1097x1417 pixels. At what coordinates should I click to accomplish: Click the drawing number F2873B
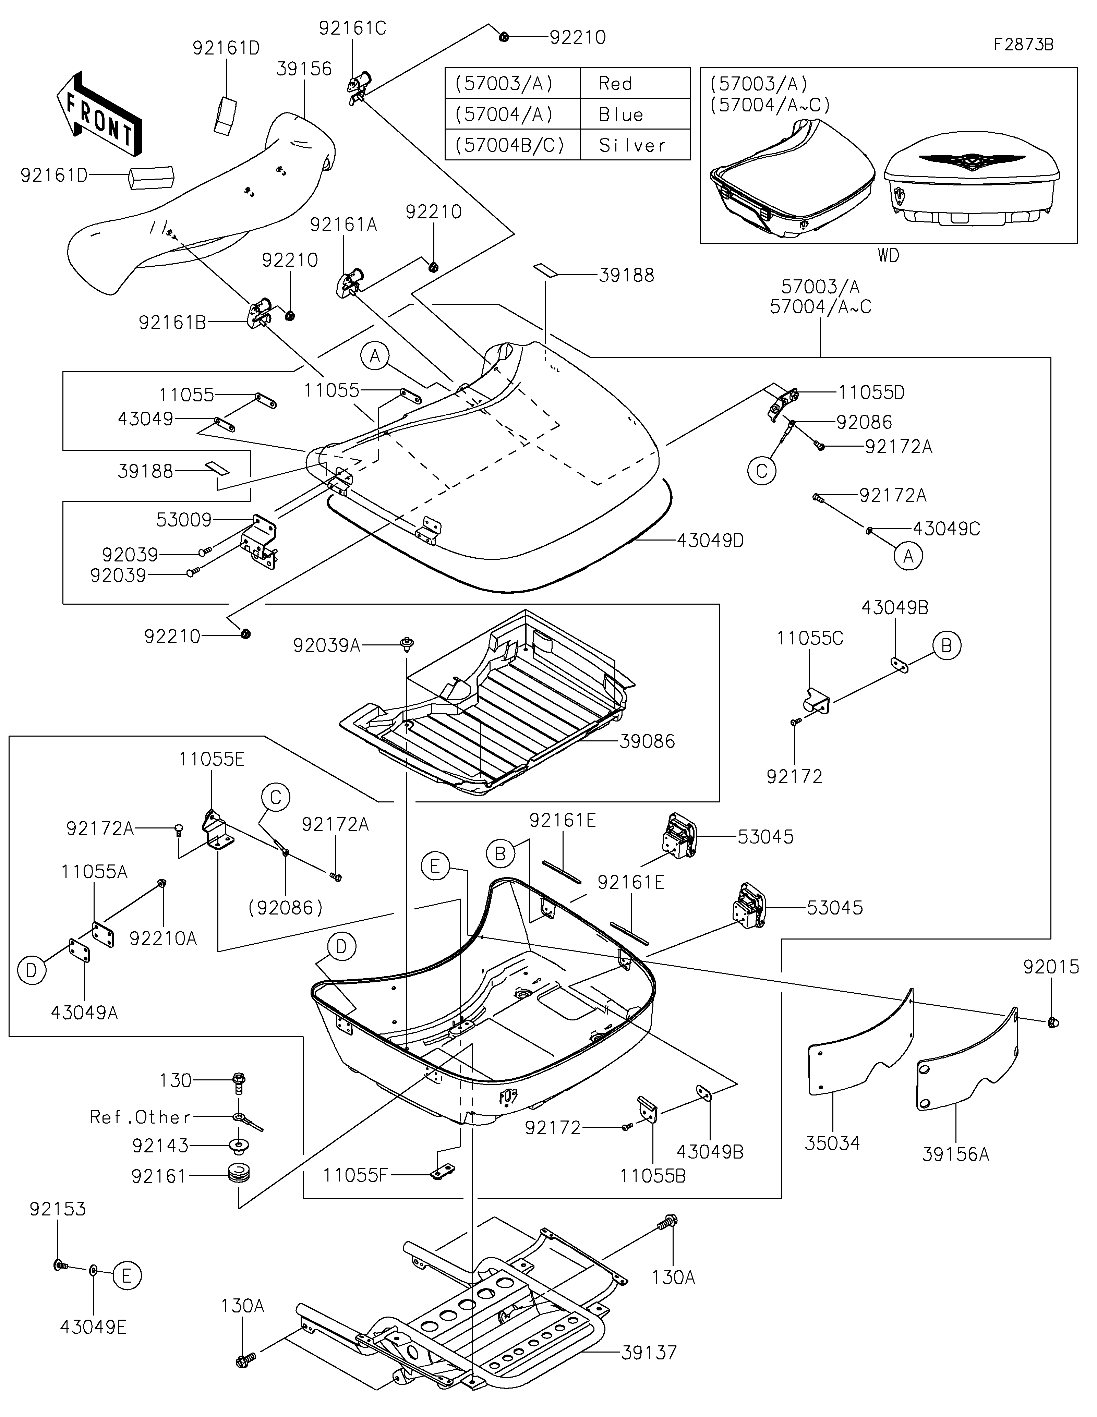click(x=1024, y=45)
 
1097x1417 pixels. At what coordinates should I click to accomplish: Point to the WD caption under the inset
click(x=889, y=256)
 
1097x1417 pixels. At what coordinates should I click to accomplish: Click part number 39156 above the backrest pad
click(x=304, y=69)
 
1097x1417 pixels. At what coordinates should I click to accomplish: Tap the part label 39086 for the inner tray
click(x=647, y=741)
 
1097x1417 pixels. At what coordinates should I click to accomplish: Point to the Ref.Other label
click(x=140, y=1117)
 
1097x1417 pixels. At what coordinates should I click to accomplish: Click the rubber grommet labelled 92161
click(x=239, y=1175)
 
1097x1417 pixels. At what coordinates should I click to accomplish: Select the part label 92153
click(x=57, y=1209)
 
